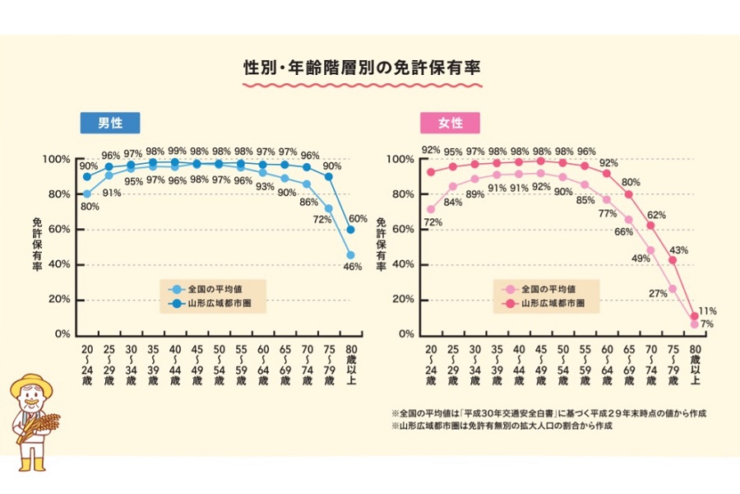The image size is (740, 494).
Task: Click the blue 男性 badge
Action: pyautogui.click(x=109, y=123)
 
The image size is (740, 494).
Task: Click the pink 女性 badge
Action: pyautogui.click(x=450, y=123)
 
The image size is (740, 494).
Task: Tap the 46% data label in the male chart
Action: pyautogui.click(x=353, y=267)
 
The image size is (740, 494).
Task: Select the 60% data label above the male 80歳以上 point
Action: pyautogui.click(x=358, y=218)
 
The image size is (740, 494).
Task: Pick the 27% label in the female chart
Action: pyautogui.click(x=659, y=293)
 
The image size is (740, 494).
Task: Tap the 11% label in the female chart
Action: pyautogui.click(x=708, y=311)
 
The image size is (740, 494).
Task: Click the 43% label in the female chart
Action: pyautogui.click(x=679, y=249)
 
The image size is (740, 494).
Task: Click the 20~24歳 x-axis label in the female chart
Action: pyautogui.click(x=430, y=366)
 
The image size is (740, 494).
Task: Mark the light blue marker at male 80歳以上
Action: pyautogui.click(x=351, y=254)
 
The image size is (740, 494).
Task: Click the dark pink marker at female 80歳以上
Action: pyautogui.click(x=695, y=316)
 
